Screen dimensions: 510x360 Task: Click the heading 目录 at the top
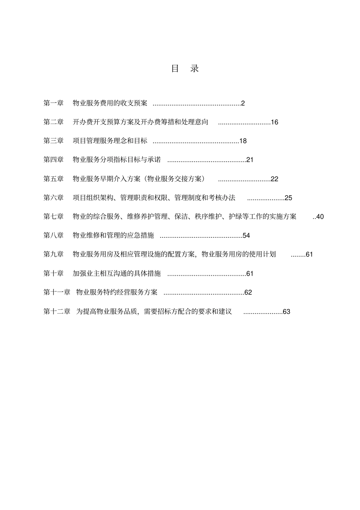point(185,69)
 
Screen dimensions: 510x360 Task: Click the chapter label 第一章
point(53,103)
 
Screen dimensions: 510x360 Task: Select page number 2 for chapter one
point(243,103)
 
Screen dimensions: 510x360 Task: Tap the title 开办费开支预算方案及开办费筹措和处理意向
point(141,122)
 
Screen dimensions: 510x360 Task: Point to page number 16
point(274,122)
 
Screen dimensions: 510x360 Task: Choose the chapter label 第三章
point(53,141)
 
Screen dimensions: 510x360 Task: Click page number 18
point(243,141)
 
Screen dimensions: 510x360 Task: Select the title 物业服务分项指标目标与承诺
point(117,160)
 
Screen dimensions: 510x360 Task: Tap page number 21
point(250,160)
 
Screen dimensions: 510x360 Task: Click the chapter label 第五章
point(53,179)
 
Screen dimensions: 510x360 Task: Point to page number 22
point(274,179)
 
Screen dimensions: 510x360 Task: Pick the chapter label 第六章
point(53,198)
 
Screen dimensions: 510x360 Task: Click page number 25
point(288,198)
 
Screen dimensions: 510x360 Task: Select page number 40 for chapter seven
point(320,217)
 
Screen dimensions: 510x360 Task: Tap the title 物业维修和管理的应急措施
point(113,235)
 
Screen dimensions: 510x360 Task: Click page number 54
point(246,235)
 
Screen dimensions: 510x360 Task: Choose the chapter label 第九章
point(53,254)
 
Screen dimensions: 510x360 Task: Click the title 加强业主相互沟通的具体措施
point(117,273)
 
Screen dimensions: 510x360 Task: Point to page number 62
point(248,292)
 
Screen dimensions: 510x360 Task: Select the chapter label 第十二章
point(57,312)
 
